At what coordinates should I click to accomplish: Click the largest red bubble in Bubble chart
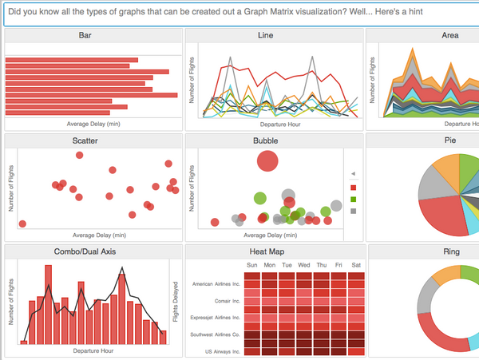267,161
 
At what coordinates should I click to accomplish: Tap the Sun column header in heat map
251,265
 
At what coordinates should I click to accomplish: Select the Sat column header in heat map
356,265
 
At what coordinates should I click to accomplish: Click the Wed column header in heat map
304,265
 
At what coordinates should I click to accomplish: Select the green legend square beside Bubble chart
354,199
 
